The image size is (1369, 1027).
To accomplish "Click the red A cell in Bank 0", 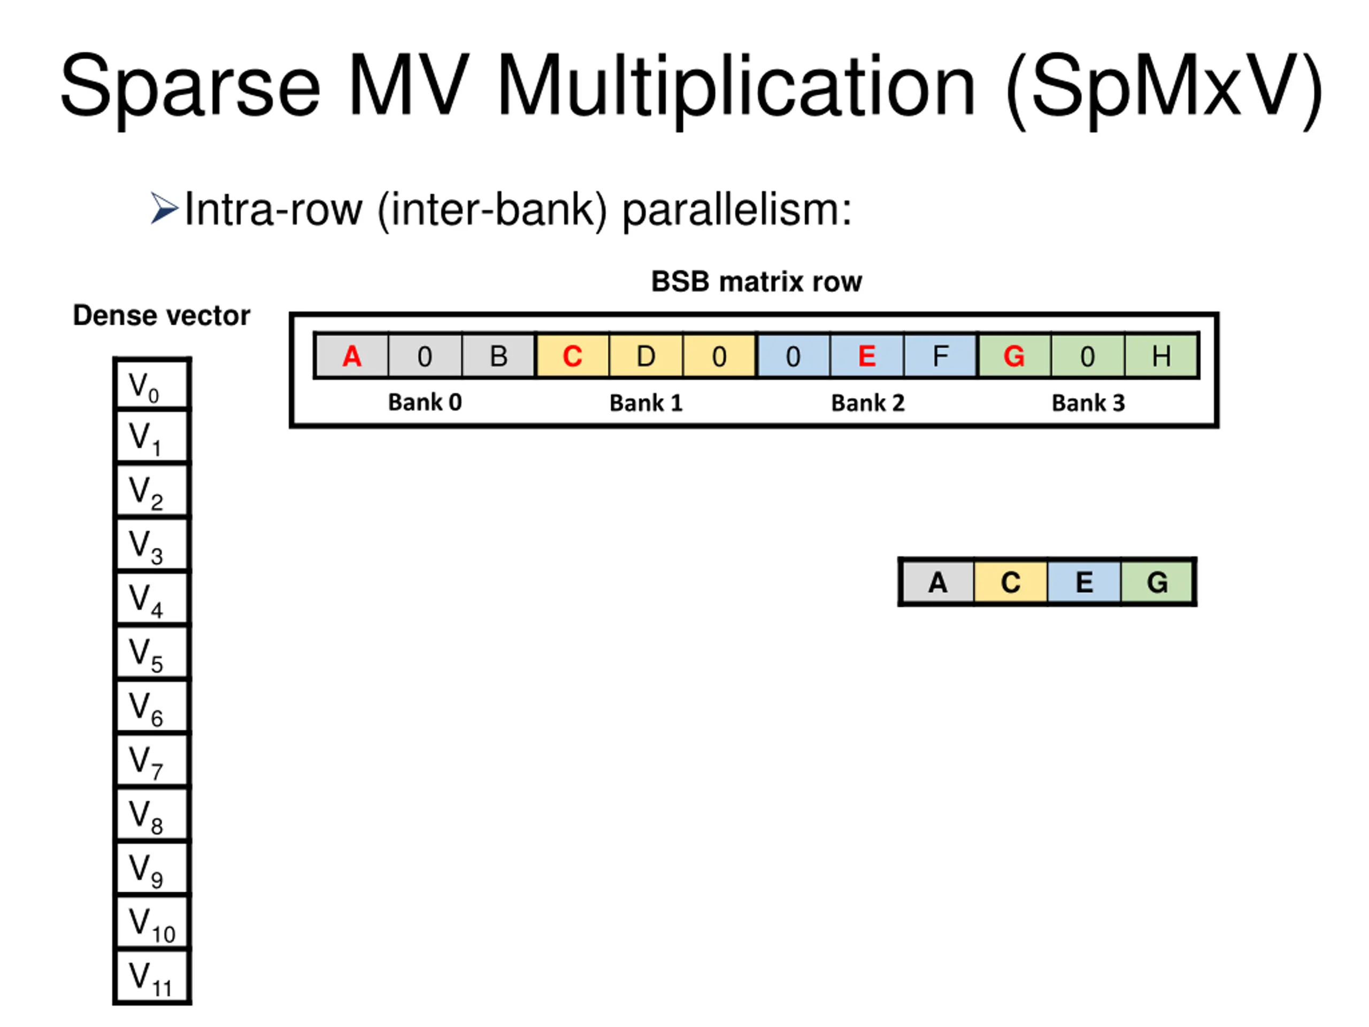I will coord(351,356).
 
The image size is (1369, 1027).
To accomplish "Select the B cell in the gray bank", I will coord(498,356).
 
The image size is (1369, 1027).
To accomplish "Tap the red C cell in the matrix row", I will coord(572,356).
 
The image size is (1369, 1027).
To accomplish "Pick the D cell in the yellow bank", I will coord(645,356).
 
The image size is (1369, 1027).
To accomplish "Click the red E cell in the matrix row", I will coord(866,356).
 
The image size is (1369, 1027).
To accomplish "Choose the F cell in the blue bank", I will coord(940,356).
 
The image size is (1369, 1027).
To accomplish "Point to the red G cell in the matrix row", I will coord(1014,356).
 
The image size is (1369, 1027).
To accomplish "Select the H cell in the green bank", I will coord(1161,356).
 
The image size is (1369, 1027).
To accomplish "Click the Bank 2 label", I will coord(867,403).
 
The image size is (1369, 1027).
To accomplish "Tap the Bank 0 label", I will coord(425,402).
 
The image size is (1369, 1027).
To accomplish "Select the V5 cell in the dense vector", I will coord(152,653).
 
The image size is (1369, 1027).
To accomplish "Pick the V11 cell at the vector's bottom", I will coord(152,977).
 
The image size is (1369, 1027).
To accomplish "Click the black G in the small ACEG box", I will coord(1157,582).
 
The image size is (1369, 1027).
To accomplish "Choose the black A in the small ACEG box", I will coord(937,582).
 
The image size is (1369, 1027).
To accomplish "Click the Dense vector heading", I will coord(161,316).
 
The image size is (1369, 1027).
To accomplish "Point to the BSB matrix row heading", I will coord(756,282).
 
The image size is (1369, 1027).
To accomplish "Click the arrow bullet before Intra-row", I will coord(164,208).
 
